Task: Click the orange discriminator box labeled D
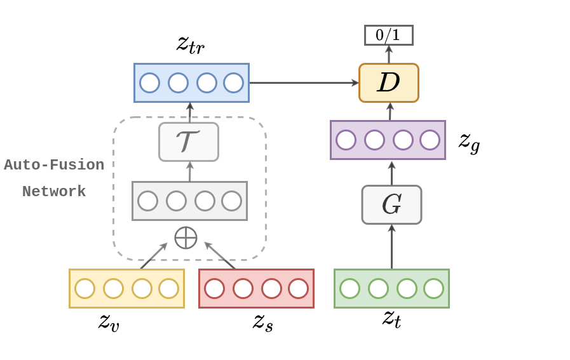tap(388, 83)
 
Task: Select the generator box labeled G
tap(391, 204)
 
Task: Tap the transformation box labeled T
tap(189, 142)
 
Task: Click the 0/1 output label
tap(388, 35)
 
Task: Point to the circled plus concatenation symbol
tap(186, 237)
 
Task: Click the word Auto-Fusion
tap(54, 165)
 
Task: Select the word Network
tap(54, 192)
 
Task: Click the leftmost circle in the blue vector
tap(149, 83)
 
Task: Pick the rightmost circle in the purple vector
tap(430, 140)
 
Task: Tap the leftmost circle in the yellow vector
tap(85, 288)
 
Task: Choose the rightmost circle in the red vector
tap(298, 288)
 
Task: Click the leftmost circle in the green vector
tap(349, 288)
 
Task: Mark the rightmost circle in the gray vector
tap(231, 201)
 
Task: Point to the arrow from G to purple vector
tap(391, 172)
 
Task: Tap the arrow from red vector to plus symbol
tap(219, 255)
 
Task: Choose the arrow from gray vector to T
tap(189, 171)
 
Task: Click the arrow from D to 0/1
tap(389, 54)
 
